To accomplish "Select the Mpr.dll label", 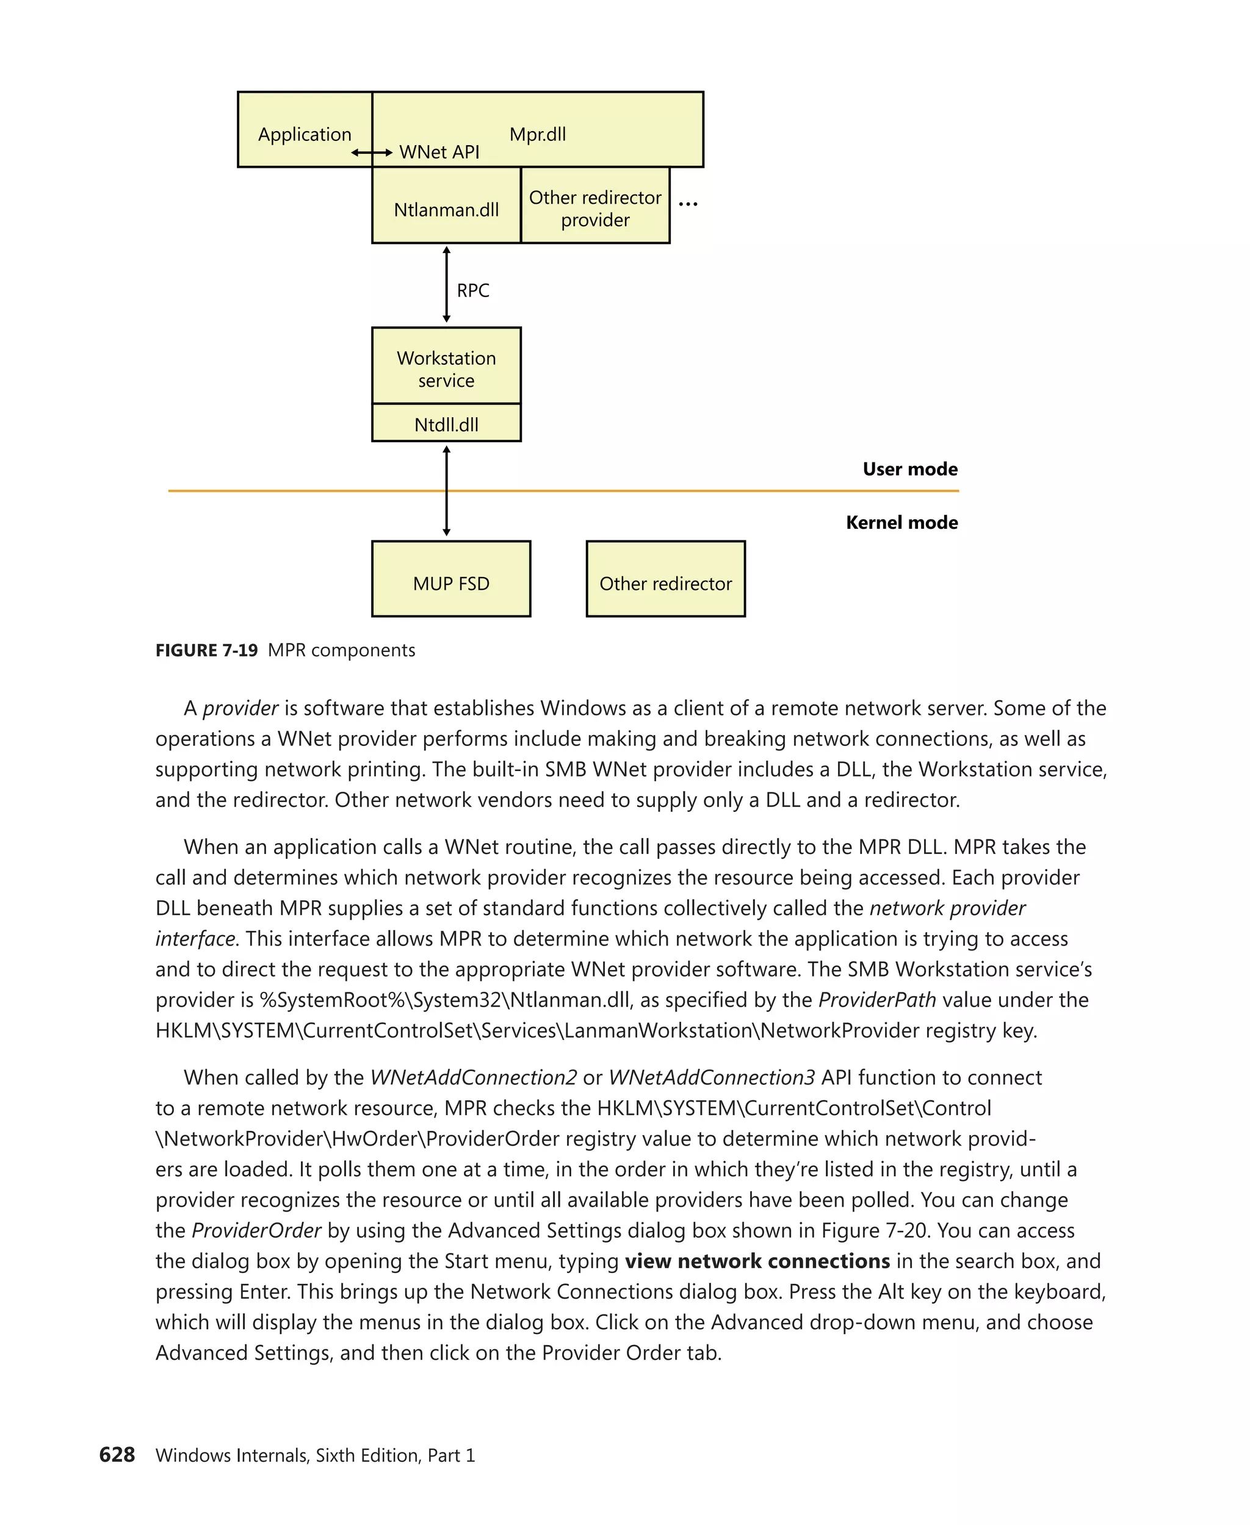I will click(x=537, y=135).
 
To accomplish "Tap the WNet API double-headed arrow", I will click(x=372, y=152).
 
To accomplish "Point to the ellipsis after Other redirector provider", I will click(x=688, y=204).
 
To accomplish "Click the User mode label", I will click(x=909, y=469).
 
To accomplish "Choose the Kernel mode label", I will click(x=901, y=523).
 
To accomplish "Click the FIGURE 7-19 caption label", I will click(x=207, y=651).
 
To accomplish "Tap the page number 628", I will click(x=117, y=1454).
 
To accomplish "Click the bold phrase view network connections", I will click(x=757, y=1261).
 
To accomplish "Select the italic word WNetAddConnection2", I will click(x=473, y=1077).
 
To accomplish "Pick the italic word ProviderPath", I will click(x=876, y=1000).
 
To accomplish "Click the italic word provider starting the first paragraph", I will click(x=240, y=708).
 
